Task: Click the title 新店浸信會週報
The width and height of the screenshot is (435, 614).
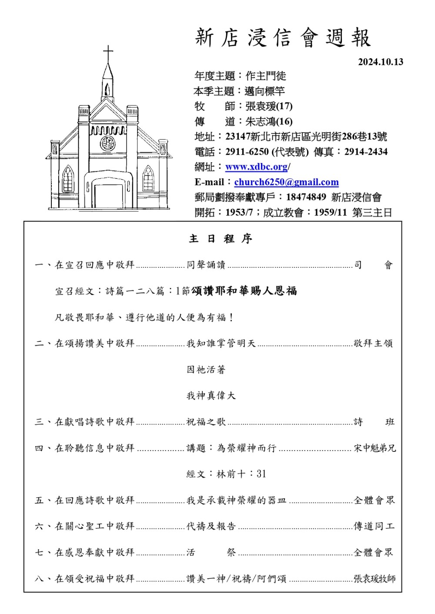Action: tap(283, 38)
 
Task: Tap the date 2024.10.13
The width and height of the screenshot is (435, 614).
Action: tap(380, 62)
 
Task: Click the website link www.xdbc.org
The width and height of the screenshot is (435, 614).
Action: tap(256, 167)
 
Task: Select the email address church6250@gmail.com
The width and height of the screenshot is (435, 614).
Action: tap(286, 182)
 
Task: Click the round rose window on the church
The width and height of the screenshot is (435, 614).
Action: tap(107, 143)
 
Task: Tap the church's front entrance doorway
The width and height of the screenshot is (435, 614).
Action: tap(108, 196)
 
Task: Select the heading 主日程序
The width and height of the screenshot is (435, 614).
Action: tap(221, 239)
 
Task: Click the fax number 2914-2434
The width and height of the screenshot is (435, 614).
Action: tap(366, 152)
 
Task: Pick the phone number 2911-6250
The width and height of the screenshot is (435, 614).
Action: tap(247, 152)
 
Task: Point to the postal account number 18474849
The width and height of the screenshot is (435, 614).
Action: tap(306, 197)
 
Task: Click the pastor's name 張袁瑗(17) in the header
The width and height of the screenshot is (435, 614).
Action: tap(269, 106)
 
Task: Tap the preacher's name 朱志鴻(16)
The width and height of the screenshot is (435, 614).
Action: tap(269, 121)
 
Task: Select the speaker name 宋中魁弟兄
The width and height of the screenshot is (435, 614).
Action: tap(375, 448)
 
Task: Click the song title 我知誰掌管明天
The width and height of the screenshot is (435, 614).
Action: tap(221, 344)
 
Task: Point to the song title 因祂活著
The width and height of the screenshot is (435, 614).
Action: tap(206, 370)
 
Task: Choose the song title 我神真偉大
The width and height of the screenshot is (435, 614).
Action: tap(211, 396)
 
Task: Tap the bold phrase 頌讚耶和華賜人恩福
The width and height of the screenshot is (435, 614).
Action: tap(244, 291)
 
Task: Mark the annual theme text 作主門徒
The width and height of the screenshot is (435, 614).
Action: tap(266, 76)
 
